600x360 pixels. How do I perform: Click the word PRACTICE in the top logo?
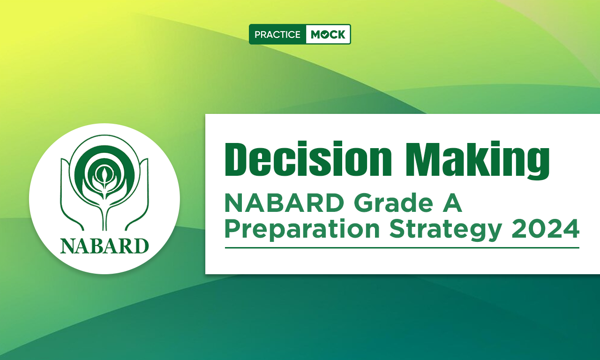pyautogui.click(x=277, y=35)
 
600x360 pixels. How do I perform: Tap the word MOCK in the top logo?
pyautogui.click(x=328, y=35)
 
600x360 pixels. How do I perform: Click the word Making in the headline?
pyautogui.click(x=478, y=160)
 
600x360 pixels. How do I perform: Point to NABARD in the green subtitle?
pyautogui.click(x=284, y=203)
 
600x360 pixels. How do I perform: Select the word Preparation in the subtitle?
pyautogui.click(x=302, y=230)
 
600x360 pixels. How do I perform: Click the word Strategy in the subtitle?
pyautogui.click(x=445, y=230)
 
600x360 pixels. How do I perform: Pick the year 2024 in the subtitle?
pyautogui.click(x=545, y=229)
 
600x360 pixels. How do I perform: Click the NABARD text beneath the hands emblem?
pyautogui.click(x=105, y=246)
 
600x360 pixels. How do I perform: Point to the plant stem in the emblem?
pyautogui.click(x=105, y=214)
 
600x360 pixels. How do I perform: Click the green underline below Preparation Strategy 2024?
pyautogui.click(x=402, y=248)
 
